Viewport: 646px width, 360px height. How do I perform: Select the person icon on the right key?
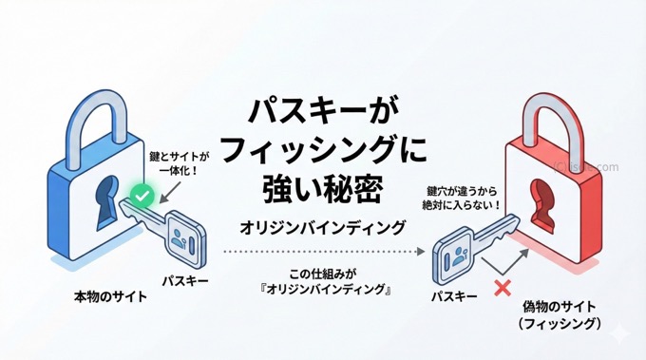coord(454,254)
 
